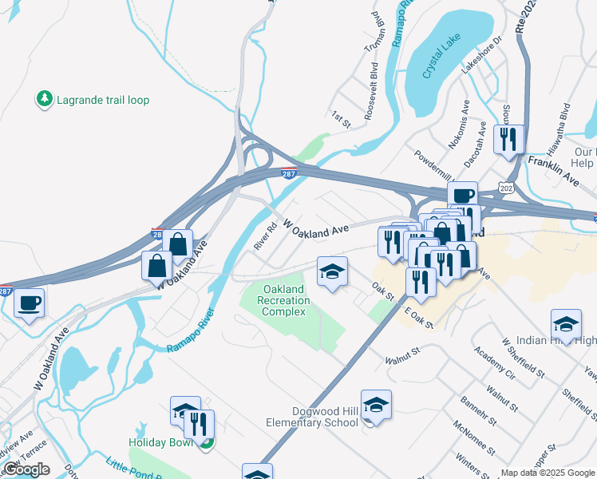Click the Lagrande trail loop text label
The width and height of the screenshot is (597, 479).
pos(103,100)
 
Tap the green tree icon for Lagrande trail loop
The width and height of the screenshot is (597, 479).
pos(44,99)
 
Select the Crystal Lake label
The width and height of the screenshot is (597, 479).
pos(437,60)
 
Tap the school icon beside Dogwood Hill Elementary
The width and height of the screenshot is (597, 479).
pos(376,406)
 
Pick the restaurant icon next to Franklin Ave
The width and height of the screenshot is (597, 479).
pos(508,140)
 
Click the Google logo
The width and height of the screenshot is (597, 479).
pos(26,469)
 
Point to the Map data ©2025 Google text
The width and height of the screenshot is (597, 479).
pos(548,473)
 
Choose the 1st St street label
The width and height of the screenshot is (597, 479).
pos(341,121)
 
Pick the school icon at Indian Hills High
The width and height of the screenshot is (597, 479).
pos(566,326)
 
